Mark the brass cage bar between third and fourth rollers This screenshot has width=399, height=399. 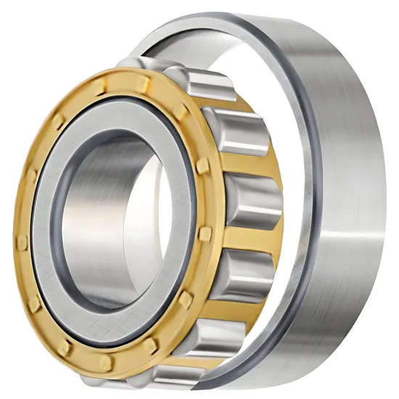247,232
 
